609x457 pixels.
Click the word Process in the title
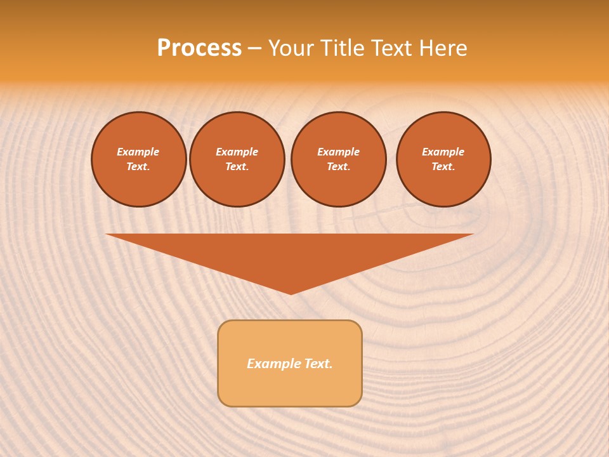pyautogui.click(x=199, y=48)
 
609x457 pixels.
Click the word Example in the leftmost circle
pyautogui.click(x=138, y=152)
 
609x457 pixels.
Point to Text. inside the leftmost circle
pyautogui.click(x=138, y=166)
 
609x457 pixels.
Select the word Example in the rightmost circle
pyautogui.click(x=443, y=152)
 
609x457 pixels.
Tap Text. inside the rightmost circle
pyautogui.click(x=443, y=166)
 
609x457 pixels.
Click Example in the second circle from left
pyautogui.click(x=237, y=152)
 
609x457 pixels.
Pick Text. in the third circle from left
pyautogui.click(x=338, y=166)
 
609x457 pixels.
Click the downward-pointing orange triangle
pyautogui.click(x=290, y=254)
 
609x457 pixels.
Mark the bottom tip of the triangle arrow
pyautogui.click(x=291, y=293)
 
